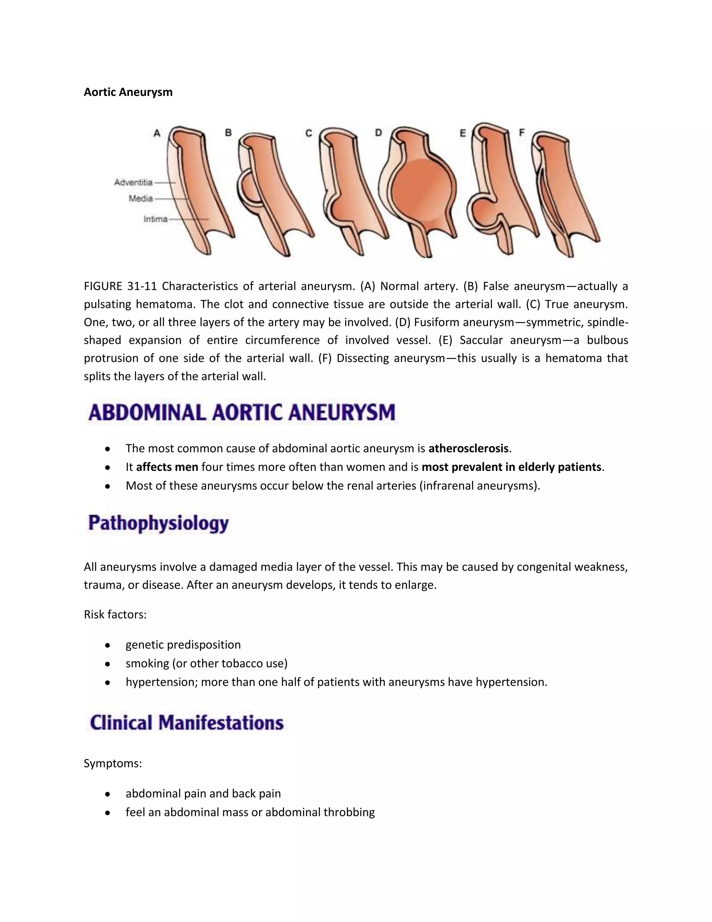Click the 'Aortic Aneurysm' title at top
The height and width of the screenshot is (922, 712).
click(x=128, y=92)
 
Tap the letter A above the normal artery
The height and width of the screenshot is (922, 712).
click(x=157, y=133)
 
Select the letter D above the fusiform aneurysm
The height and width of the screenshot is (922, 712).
click(x=378, y=133)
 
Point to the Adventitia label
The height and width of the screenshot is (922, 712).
click(x=133, y=182)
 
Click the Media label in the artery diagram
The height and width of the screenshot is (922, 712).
click(x=141, y=198)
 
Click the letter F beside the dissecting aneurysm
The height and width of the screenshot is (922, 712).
click(x=521, y=133)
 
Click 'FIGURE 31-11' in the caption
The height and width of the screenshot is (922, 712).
click(x=120, y=286)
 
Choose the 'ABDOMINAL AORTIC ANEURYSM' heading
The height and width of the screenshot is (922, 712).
click(x=242, y=412)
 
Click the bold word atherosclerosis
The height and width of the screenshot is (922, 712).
click(x=468, y=448)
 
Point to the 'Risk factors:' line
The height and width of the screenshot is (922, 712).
click(x=115, y=614)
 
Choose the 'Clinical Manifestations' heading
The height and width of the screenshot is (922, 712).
click(x=187, y=722)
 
